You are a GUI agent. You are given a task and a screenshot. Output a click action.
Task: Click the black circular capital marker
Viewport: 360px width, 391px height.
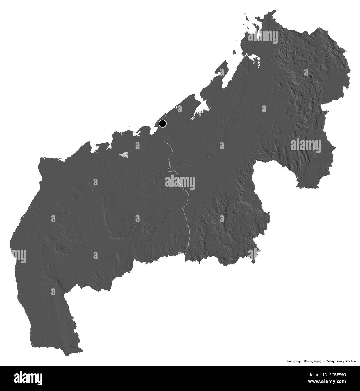click(x=162, y=123)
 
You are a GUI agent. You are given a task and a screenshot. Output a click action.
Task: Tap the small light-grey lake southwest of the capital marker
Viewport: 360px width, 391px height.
click(x=124, y=154)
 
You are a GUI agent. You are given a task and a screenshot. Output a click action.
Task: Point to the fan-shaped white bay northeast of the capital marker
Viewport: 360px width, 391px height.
click(x=201, y=110)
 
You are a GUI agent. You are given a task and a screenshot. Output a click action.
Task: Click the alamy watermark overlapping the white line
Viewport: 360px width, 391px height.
click(x=180, y=183)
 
